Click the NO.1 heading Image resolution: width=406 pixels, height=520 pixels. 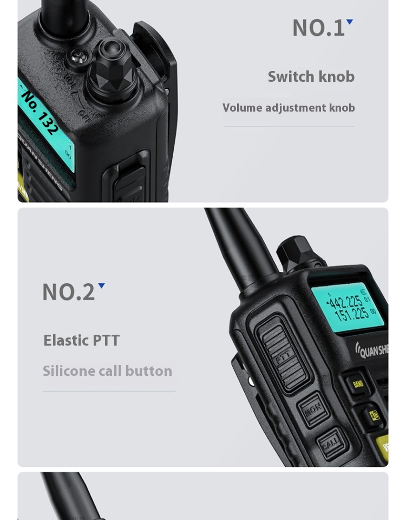318,28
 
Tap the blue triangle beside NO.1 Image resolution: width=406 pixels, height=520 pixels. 350,22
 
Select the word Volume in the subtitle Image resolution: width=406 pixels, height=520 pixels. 242,108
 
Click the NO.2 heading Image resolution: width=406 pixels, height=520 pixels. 68,292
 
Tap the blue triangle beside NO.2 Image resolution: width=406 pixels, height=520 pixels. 101,286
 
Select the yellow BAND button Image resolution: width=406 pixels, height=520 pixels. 357,384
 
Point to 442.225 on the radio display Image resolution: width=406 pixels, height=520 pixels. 346,302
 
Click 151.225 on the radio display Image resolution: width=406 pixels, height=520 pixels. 352,314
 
